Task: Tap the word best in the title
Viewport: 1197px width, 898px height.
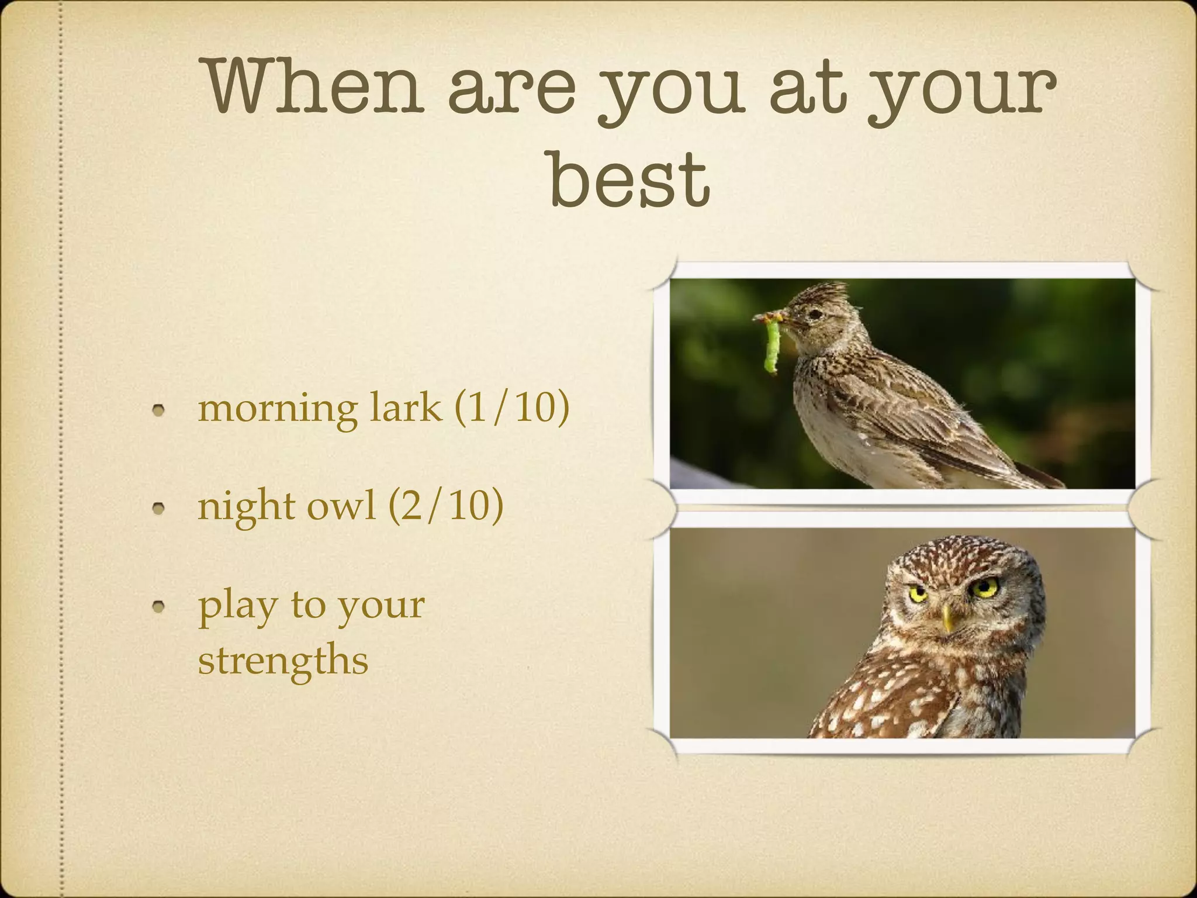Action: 629,178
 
